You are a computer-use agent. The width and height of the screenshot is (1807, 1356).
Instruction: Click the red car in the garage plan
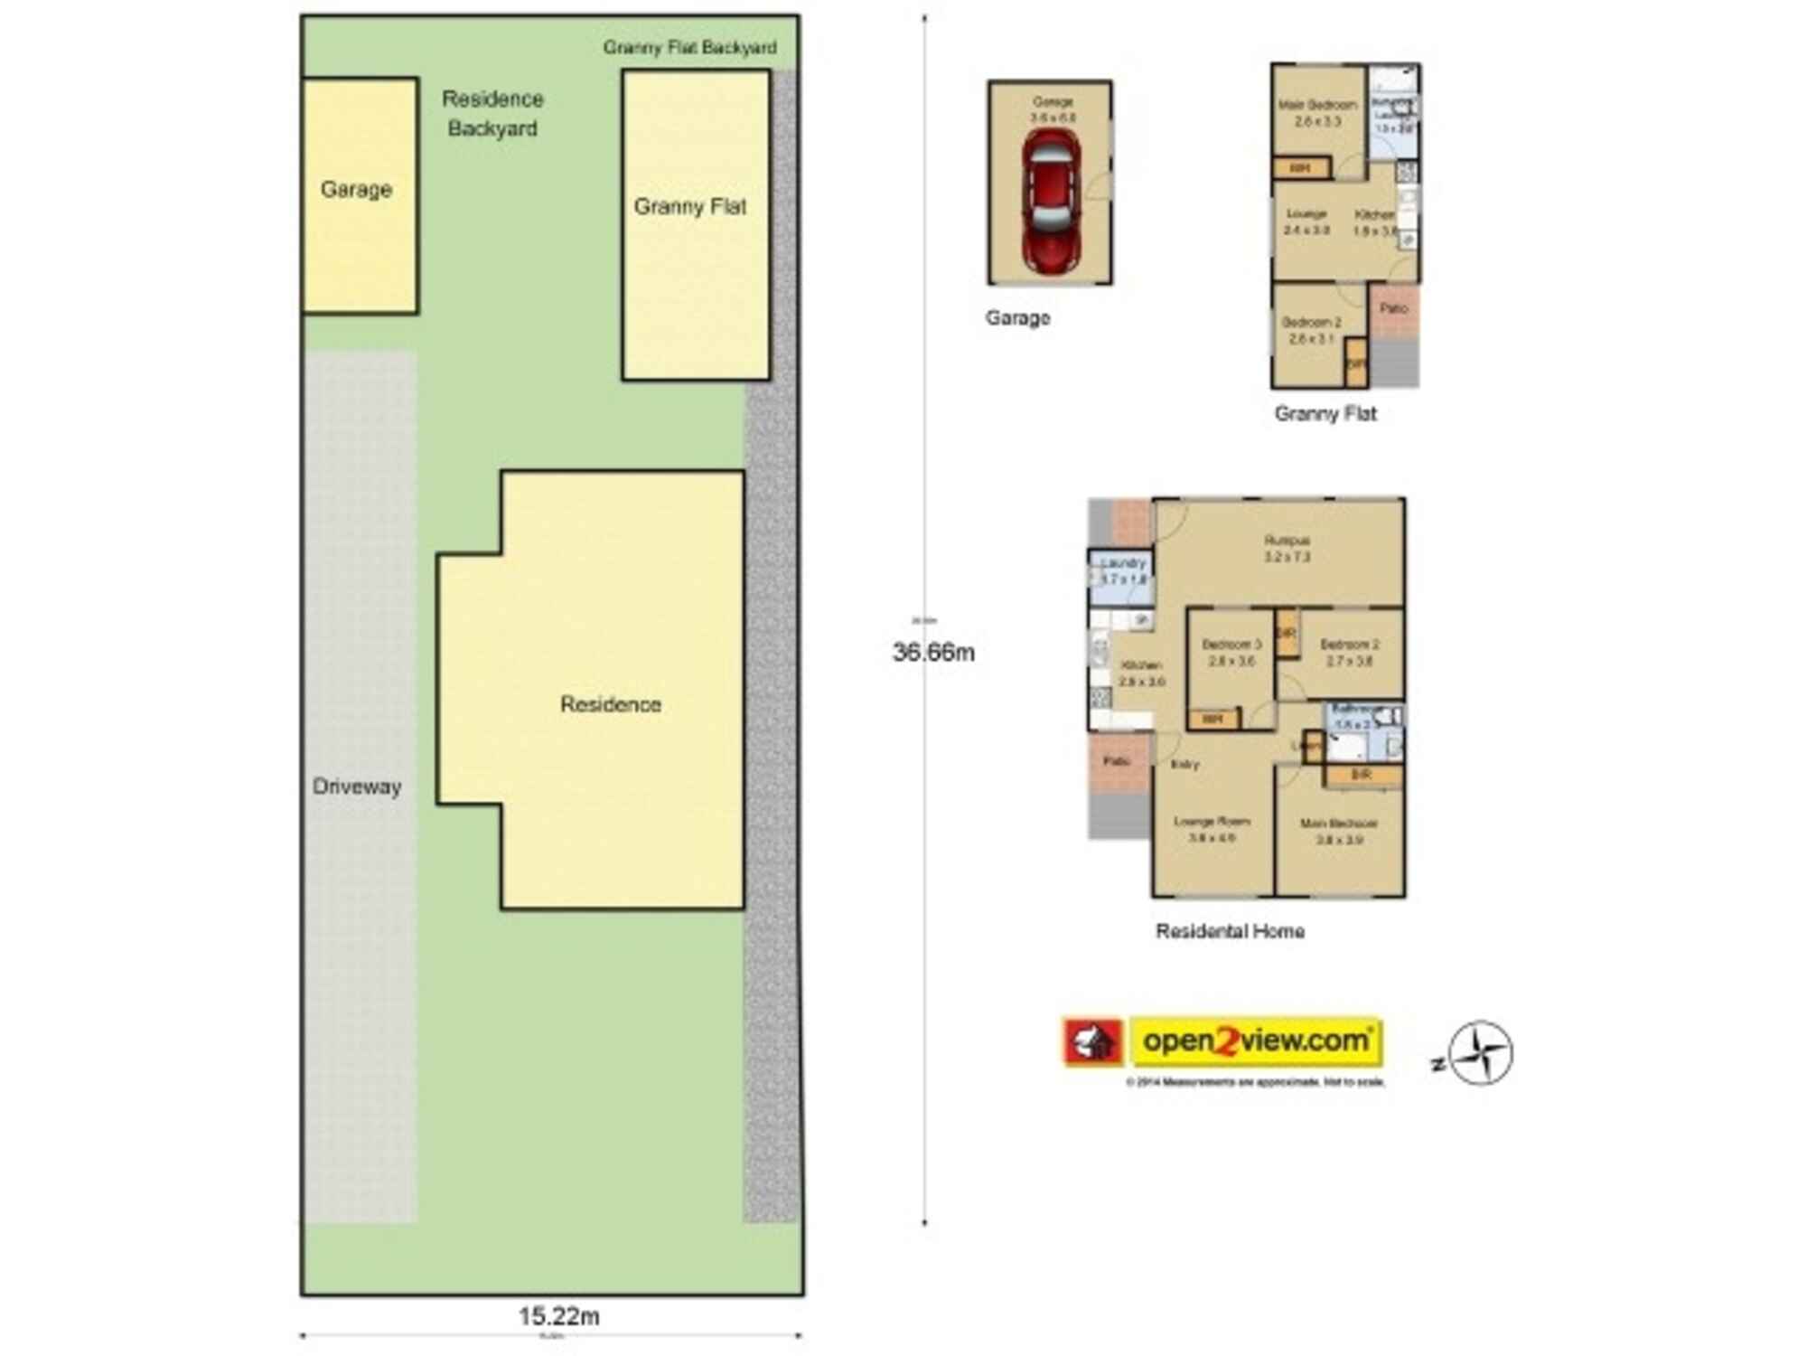point(1051,201)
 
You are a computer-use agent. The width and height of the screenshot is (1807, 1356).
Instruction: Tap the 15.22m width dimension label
point(558,1316)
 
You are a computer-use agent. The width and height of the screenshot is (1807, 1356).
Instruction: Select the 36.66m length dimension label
point(933,652)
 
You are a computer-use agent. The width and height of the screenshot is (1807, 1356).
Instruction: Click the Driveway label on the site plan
point(357,786)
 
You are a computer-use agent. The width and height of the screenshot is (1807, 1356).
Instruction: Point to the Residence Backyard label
point(492,113)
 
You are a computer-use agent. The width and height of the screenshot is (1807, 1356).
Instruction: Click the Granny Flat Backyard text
point(689,47)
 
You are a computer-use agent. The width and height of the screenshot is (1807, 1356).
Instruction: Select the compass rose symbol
point(1480,1053)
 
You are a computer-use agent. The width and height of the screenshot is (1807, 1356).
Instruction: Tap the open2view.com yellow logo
point(1256,1041)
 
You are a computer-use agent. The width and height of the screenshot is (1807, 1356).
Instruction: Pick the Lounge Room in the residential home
point(1212,829)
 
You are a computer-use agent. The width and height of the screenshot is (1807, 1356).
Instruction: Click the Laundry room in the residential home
point(1122,571)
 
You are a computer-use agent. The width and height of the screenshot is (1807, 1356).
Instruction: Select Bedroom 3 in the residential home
point(1231,653)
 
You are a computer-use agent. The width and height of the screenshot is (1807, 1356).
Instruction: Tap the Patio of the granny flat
point(1394,309)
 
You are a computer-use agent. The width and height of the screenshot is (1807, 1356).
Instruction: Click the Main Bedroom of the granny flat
point(1316,113)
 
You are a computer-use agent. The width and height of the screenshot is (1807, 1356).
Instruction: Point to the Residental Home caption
point(1230,931)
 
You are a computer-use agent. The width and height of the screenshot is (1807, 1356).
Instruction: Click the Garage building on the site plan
point(359,194)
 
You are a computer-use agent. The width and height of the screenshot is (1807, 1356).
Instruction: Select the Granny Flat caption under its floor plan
point(1325,414)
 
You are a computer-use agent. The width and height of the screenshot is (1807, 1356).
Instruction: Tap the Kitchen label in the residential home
point(1140,673)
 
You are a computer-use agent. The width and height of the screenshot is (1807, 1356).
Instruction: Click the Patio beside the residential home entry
point(1119,762)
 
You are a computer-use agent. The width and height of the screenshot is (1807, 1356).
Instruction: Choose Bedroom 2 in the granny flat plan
point(1311,330)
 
